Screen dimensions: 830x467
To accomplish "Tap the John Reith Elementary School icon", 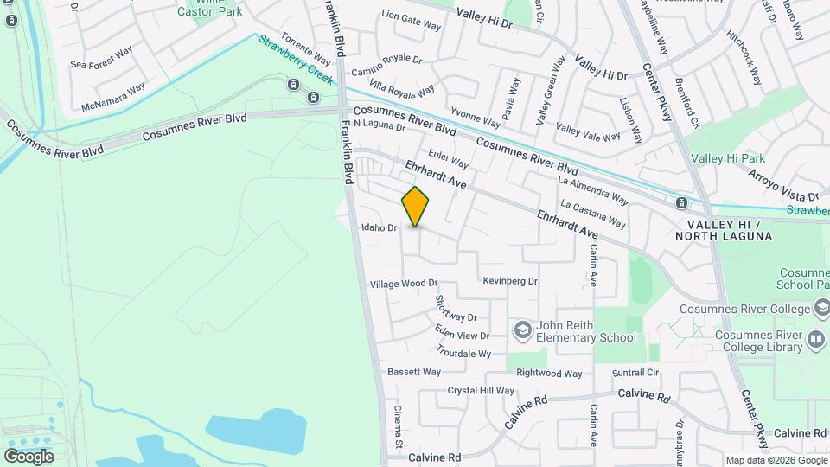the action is click(521, 329).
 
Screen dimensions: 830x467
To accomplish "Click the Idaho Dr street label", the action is click(379, 228).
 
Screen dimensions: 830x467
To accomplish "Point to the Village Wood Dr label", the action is click(404, 284).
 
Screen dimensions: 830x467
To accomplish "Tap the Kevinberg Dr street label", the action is click(510, 281).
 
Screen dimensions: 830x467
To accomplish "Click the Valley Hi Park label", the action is click(728, 158).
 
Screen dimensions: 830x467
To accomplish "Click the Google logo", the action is click(29, 456).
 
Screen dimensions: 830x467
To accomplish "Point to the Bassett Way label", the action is click(413, 372).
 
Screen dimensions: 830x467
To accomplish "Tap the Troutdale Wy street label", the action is click(463, 354).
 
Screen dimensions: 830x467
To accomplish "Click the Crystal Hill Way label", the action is click(481, 391).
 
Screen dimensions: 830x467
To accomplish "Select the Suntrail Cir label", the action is click(635, 373).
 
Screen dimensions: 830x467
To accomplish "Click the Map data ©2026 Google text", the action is click(776, 460).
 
